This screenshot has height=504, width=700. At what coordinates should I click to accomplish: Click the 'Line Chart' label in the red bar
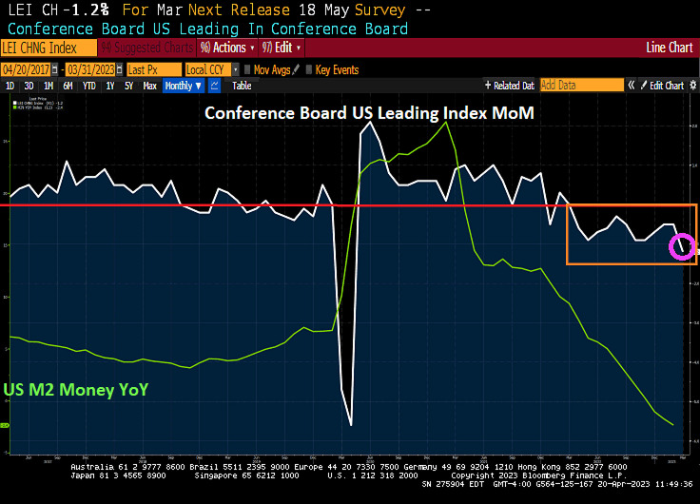tap(669, 48)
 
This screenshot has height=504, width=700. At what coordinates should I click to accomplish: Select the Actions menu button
tap(223, 48)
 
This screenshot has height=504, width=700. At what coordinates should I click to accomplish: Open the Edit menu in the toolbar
tap(284, 48)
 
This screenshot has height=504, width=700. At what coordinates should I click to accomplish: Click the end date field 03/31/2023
tap(93, 69)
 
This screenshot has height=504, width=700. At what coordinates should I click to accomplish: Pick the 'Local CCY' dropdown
tap(208, 69)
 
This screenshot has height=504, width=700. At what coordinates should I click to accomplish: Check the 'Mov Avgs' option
tap(271, 69)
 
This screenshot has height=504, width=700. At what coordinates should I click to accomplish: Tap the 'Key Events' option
tap(336, 69)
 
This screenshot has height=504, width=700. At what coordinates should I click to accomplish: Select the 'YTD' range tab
tap(88, 86)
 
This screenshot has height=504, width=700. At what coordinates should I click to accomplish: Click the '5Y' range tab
tap(128, 86)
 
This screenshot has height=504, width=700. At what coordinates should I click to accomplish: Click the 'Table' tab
tap(242, 86)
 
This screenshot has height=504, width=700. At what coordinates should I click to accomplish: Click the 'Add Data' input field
tap(580, 86)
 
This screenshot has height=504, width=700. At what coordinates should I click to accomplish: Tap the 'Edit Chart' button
tap(666, 86)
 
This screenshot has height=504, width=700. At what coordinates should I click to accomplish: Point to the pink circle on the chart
tap(683, 246)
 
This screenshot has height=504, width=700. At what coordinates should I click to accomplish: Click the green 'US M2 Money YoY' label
tap(75, 390)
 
